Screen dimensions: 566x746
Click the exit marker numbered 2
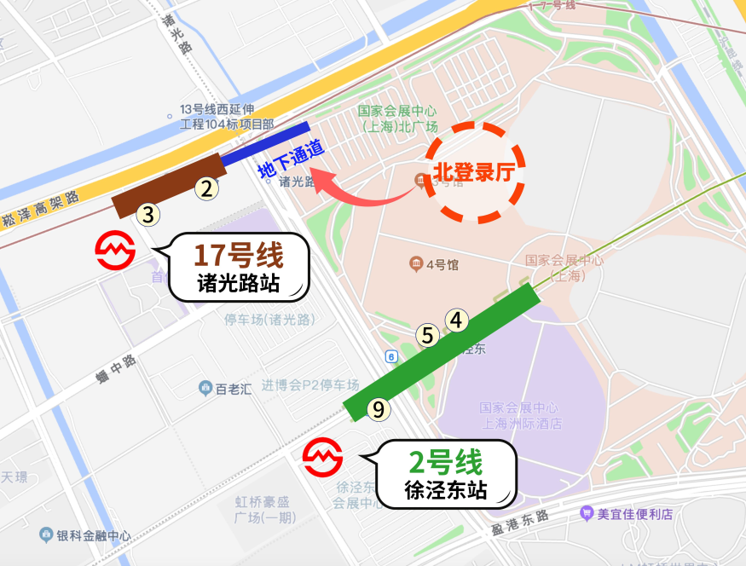205,188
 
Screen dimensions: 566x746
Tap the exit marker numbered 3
148,214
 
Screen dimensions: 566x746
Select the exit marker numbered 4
457,321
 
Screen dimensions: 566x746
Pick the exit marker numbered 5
429,336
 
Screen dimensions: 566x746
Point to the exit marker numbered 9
379,409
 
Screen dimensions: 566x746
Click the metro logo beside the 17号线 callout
115,250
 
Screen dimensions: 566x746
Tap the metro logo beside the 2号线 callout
323,458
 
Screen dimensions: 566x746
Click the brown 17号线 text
238,256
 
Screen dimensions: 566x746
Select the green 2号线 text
445,462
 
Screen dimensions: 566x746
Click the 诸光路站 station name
238,284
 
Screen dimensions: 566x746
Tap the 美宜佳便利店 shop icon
586,514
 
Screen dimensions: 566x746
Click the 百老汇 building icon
205,389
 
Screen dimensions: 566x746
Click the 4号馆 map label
434,264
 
